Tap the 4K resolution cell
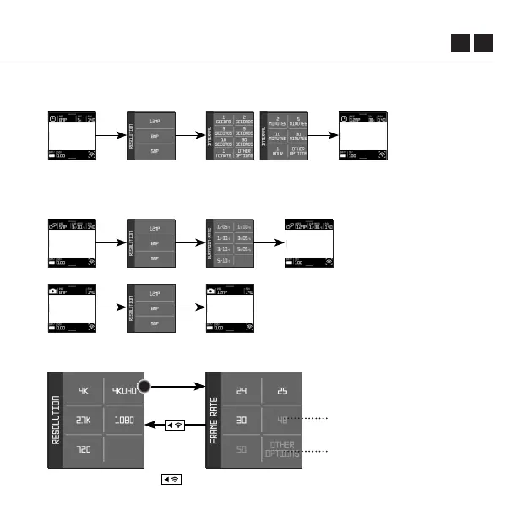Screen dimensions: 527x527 point(84,390)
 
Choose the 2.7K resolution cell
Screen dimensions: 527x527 point(84,420)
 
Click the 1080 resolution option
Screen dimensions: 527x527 point(124,420)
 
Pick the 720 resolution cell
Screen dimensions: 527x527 point(84,449)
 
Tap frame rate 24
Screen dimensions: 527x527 point(242,390)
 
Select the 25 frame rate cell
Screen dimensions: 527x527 point(281,390)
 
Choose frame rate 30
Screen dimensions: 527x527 point(242,420)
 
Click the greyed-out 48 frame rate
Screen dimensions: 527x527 point(281,420)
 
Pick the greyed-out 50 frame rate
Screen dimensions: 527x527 point(242,449)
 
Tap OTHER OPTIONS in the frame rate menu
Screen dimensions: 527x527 point(281,449)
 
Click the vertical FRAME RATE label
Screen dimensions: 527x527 point(215,420)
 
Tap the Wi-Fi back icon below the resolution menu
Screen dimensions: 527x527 point(171,480)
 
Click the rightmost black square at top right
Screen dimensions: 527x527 point(483,43)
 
